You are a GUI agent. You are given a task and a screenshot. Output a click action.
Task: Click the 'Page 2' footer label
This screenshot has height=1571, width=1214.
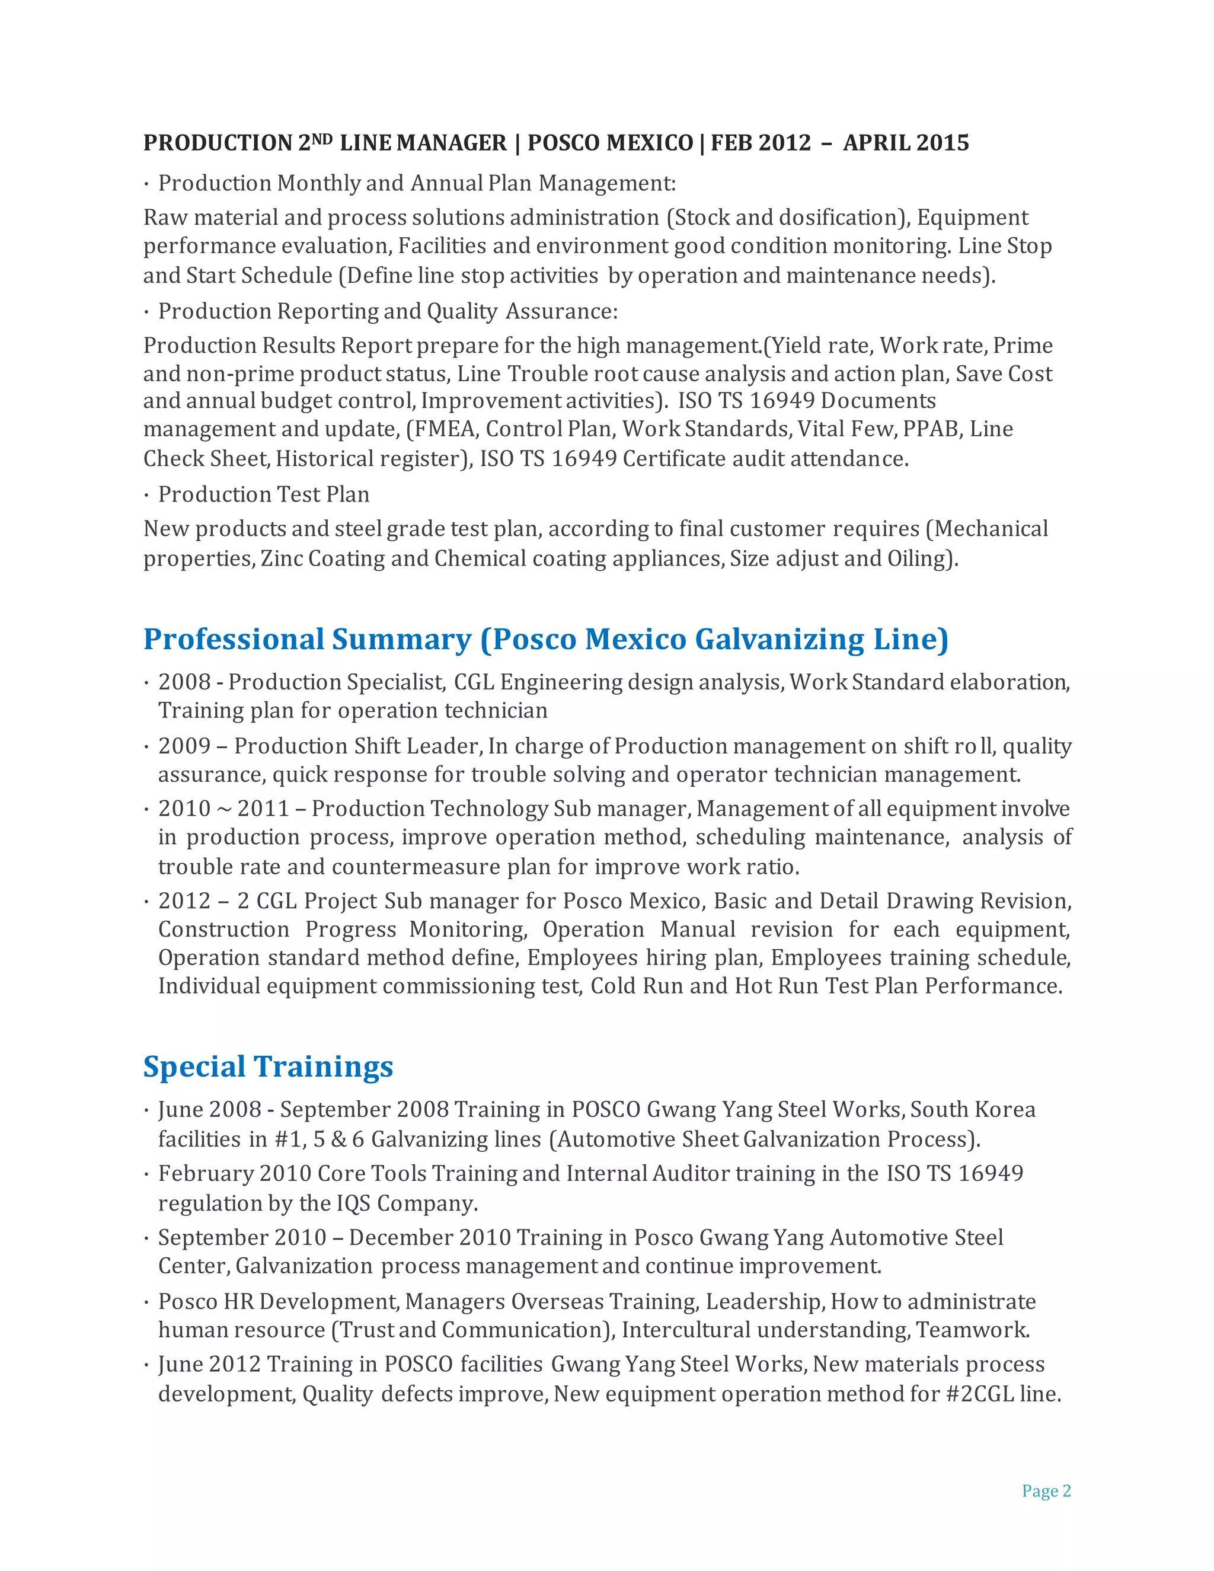click(1046, 1490)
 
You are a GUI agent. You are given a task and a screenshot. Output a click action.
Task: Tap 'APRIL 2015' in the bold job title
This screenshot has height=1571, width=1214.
click(906, 142)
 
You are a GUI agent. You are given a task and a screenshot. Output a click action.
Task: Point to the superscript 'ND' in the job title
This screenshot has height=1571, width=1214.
click(322, 138)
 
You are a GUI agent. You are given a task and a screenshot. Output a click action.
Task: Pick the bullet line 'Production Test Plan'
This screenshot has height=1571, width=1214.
click(263, 494)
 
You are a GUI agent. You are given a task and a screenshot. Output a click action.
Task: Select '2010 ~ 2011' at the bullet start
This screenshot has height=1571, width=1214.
click(223, 809)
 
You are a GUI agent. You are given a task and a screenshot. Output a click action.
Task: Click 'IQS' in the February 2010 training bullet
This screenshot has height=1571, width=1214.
click(353, 1203)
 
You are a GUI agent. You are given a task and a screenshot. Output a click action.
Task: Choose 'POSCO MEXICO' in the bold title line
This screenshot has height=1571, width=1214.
click(610, 142)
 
